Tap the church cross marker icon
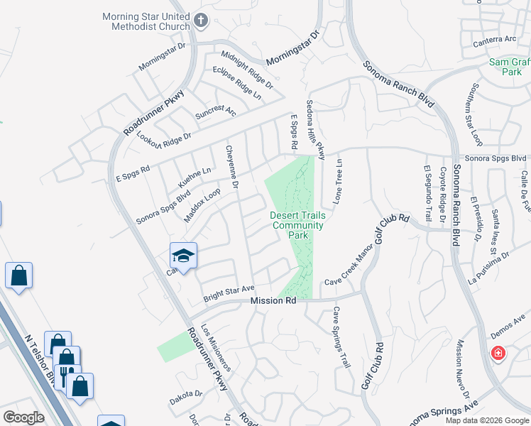click(201, 21)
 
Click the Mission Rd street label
click(273, 301)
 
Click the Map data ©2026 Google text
click(486, 420)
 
